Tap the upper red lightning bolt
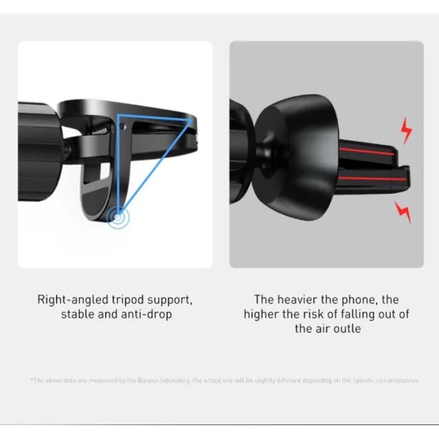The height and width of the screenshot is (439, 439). click(406, 130)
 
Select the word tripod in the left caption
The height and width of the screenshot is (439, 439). click(130, 300)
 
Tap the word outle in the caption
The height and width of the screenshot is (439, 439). click(346, 329)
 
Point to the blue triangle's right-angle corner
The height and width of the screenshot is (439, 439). click(119, 117)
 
